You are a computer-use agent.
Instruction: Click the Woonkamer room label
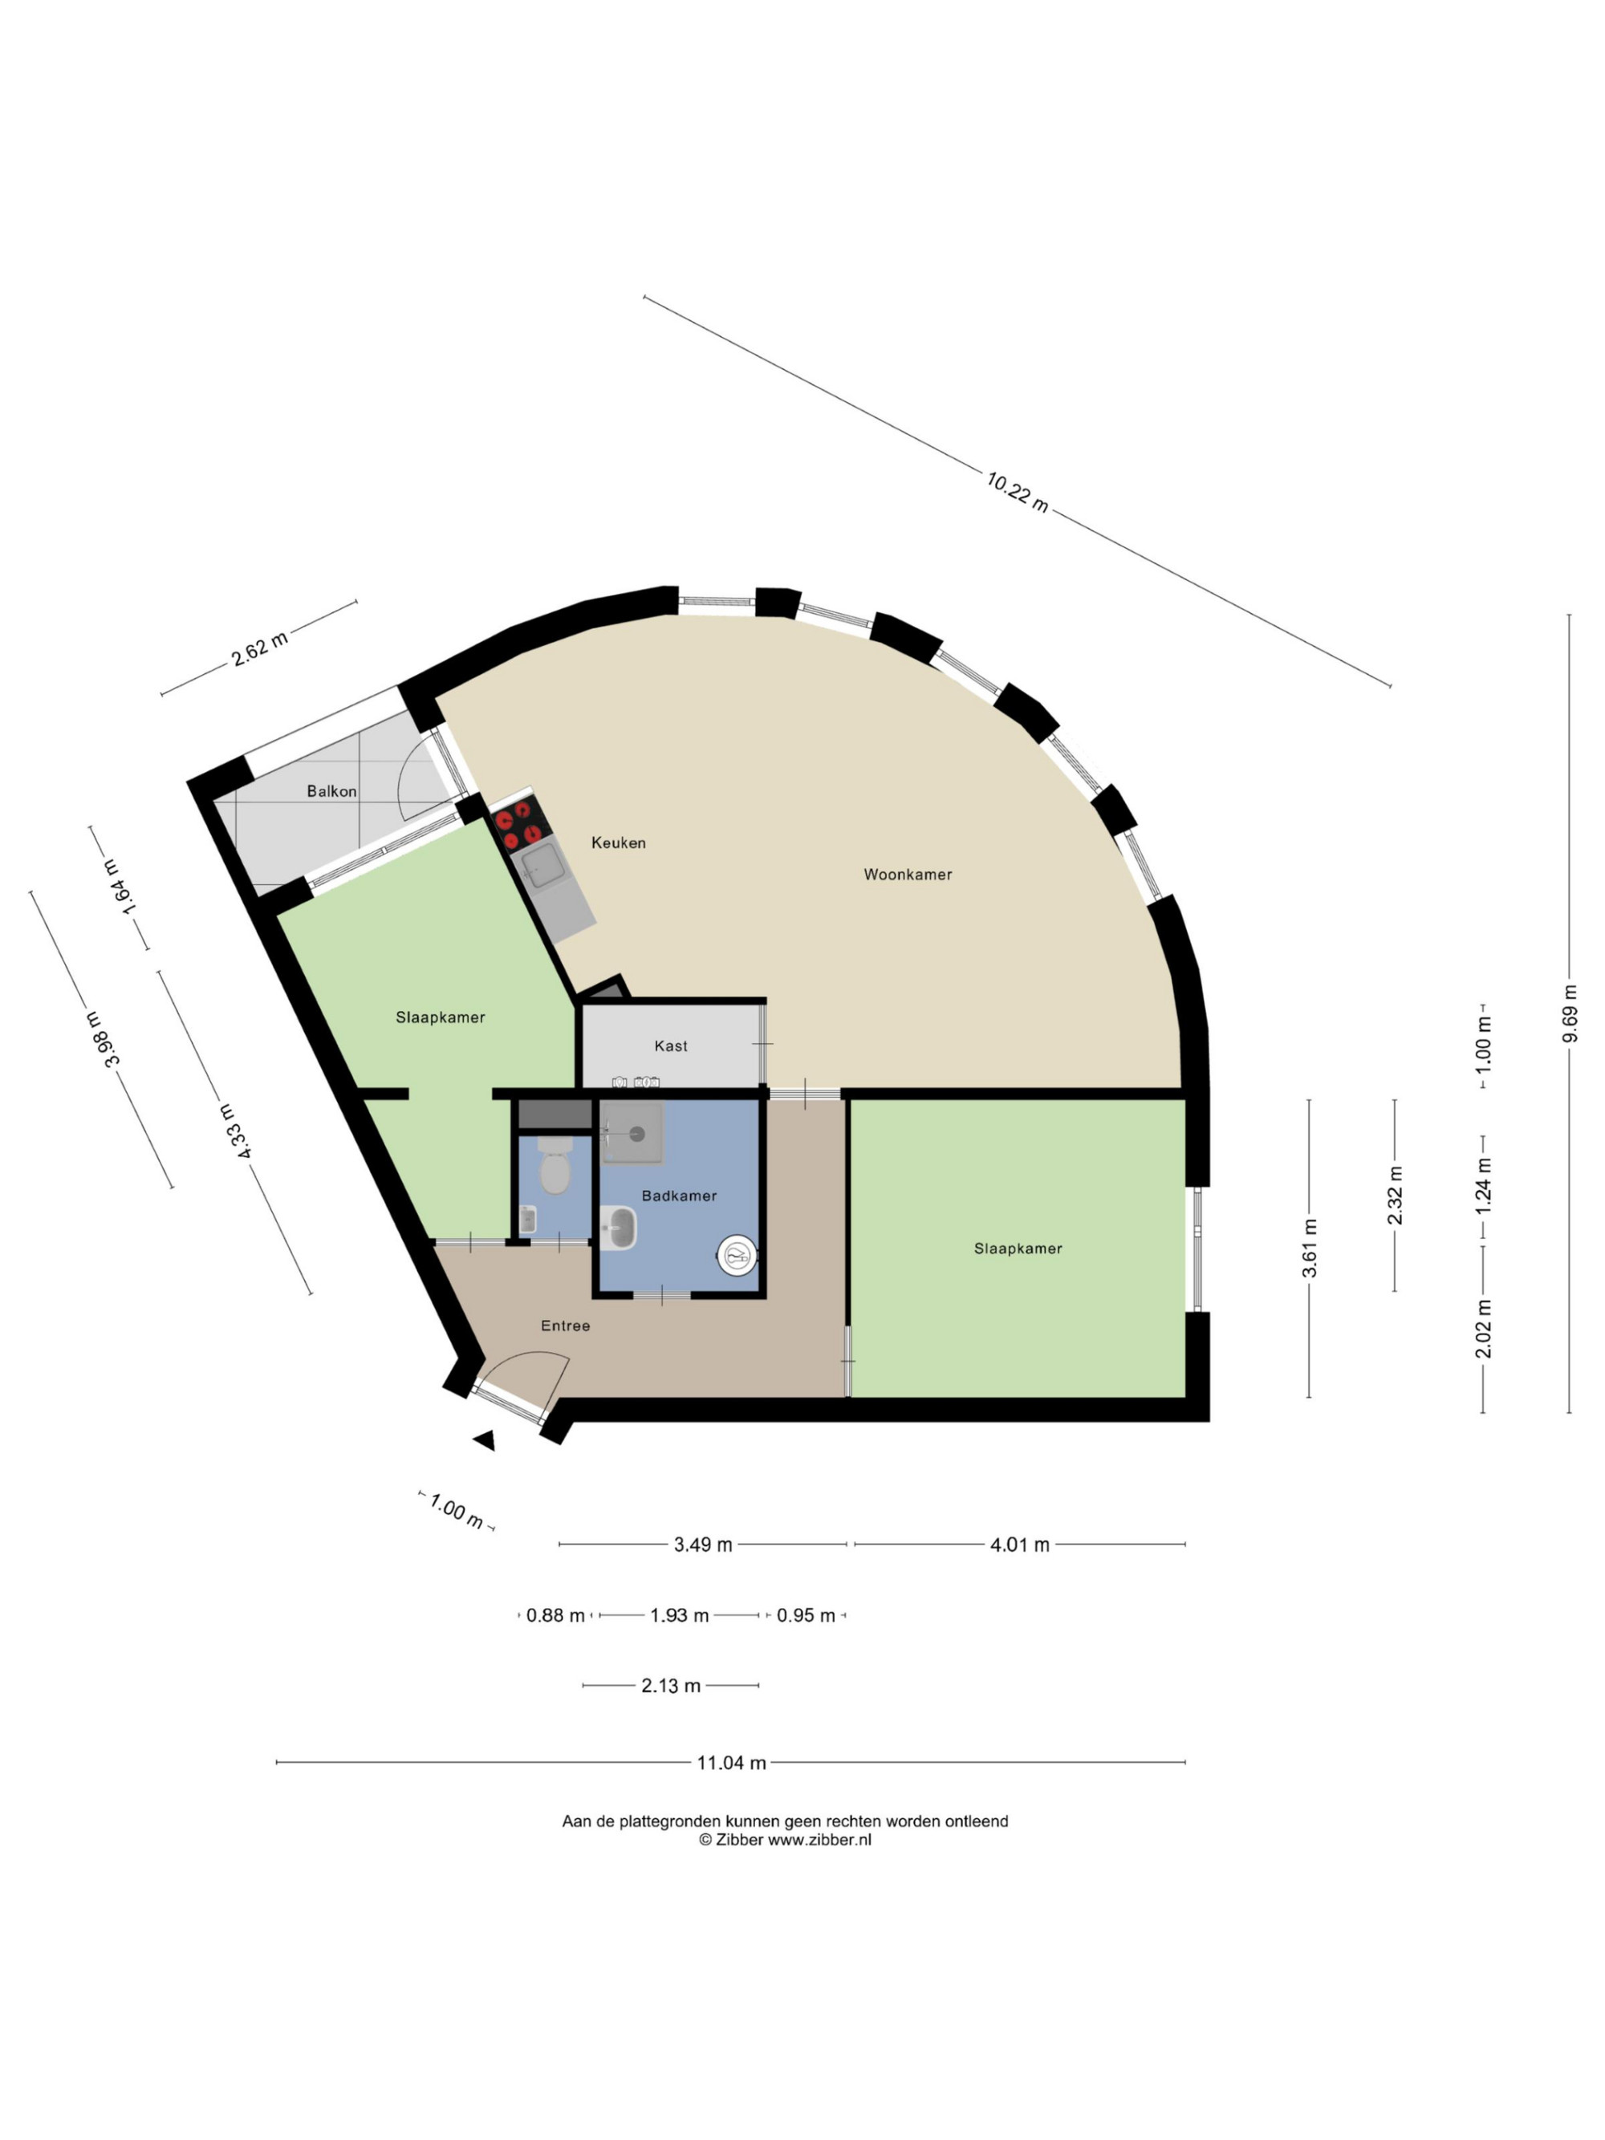(x=908, y=875)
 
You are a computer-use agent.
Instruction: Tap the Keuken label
(x=618, y=843)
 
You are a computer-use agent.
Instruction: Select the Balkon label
(x=332, y=791)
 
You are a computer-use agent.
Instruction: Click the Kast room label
(x=670, y=1046)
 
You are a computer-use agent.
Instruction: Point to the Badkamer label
(x=679, y=1196)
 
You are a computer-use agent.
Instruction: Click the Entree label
(x=565, y=1326)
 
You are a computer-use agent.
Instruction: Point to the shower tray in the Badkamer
(x=632, y=1133)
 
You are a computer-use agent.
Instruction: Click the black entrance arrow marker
(x=485, y=1440)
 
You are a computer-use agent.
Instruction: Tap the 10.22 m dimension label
(x=1017, y=491)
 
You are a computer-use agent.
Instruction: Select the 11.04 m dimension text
(x=731, y=1763)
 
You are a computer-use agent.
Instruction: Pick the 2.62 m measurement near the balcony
(x=259, y=648)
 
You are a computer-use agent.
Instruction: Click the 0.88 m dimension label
(x=555, y=1616)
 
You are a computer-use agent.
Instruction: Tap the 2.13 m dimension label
(x=670, y=1687)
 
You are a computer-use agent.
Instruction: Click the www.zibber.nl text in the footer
(x=819, y=1840)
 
